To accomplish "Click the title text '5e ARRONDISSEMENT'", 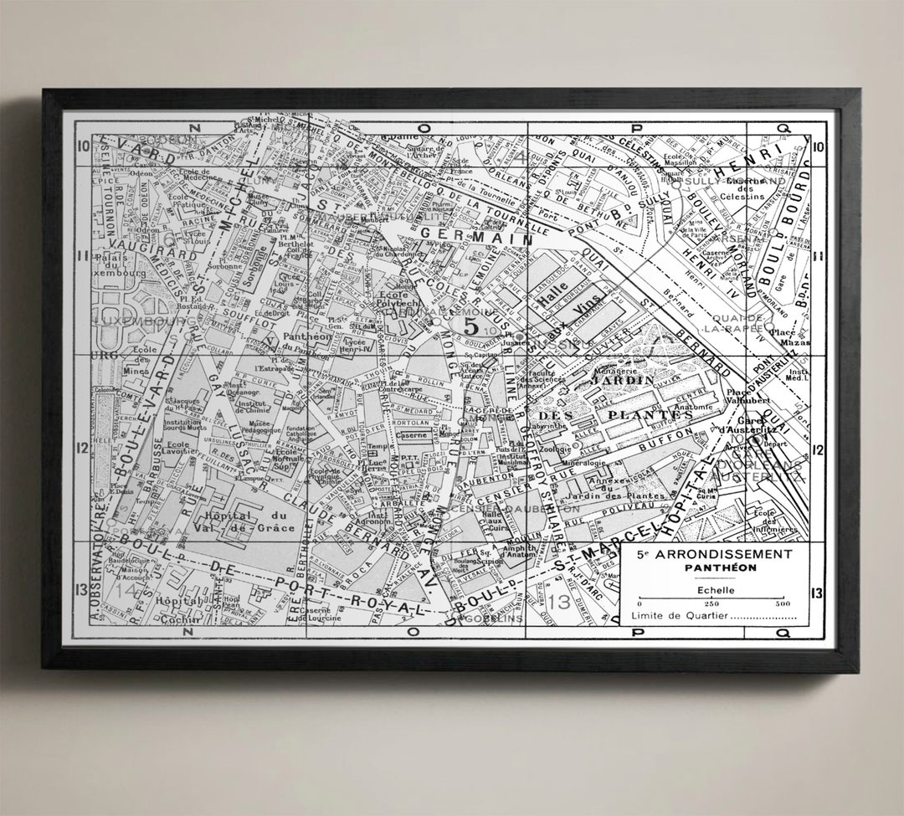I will pyautogui.click(x=713, y=554).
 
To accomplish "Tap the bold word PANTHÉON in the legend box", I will pyautogui.click(x=713, y=567).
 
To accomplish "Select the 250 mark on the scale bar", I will pyautogui.click(x=712, y=604).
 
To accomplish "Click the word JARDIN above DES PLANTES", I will pyautogui.click(x=622, y=380).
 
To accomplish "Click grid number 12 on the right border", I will pyautogui.click(x=817, y=449).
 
